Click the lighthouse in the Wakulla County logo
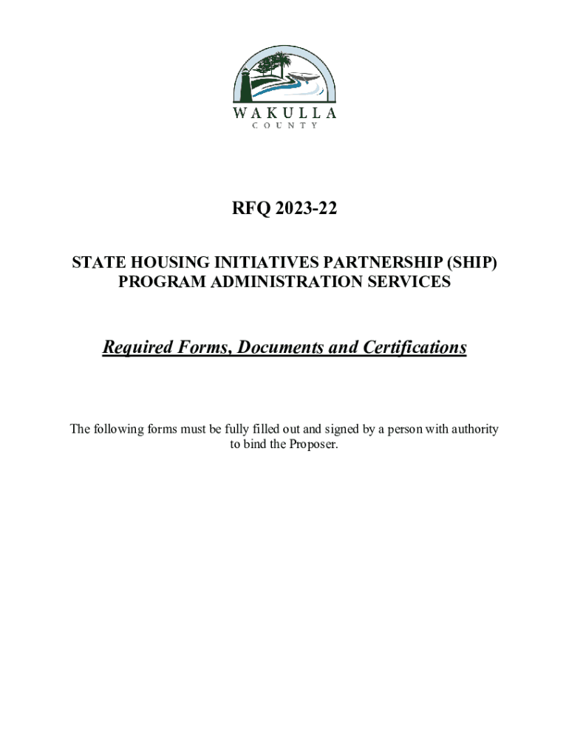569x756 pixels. point(243,83)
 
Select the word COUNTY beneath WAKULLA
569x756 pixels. point(284,126)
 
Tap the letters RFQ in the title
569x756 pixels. point(249,210)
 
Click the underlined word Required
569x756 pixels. point(134,347)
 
